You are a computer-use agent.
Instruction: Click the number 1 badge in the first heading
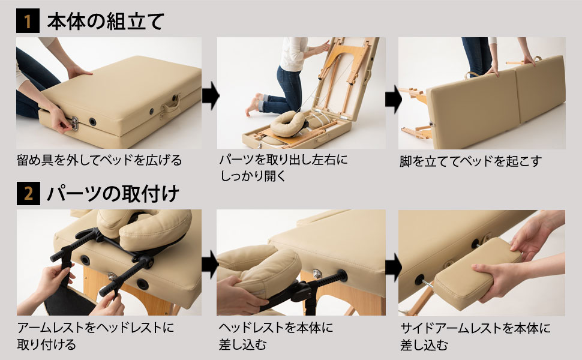pos(27,22)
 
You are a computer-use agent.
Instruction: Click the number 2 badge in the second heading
pos(27,194)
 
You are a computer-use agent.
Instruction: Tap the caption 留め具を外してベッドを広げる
pos(99,161)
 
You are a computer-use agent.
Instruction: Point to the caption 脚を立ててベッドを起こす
pos(470,161)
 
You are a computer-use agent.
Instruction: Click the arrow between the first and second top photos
pos(209,96)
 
